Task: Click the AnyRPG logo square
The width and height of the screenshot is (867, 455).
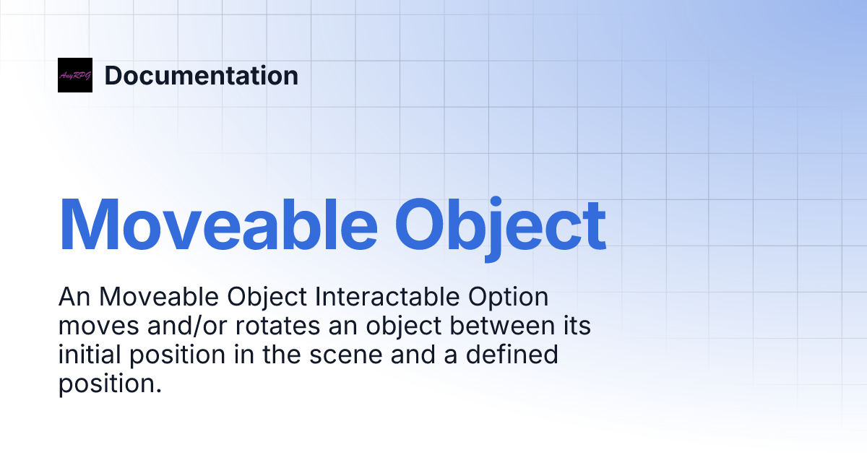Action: click(75, 75)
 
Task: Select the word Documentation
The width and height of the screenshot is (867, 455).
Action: click(201, 75)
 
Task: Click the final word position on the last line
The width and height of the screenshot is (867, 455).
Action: click(108, 383)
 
